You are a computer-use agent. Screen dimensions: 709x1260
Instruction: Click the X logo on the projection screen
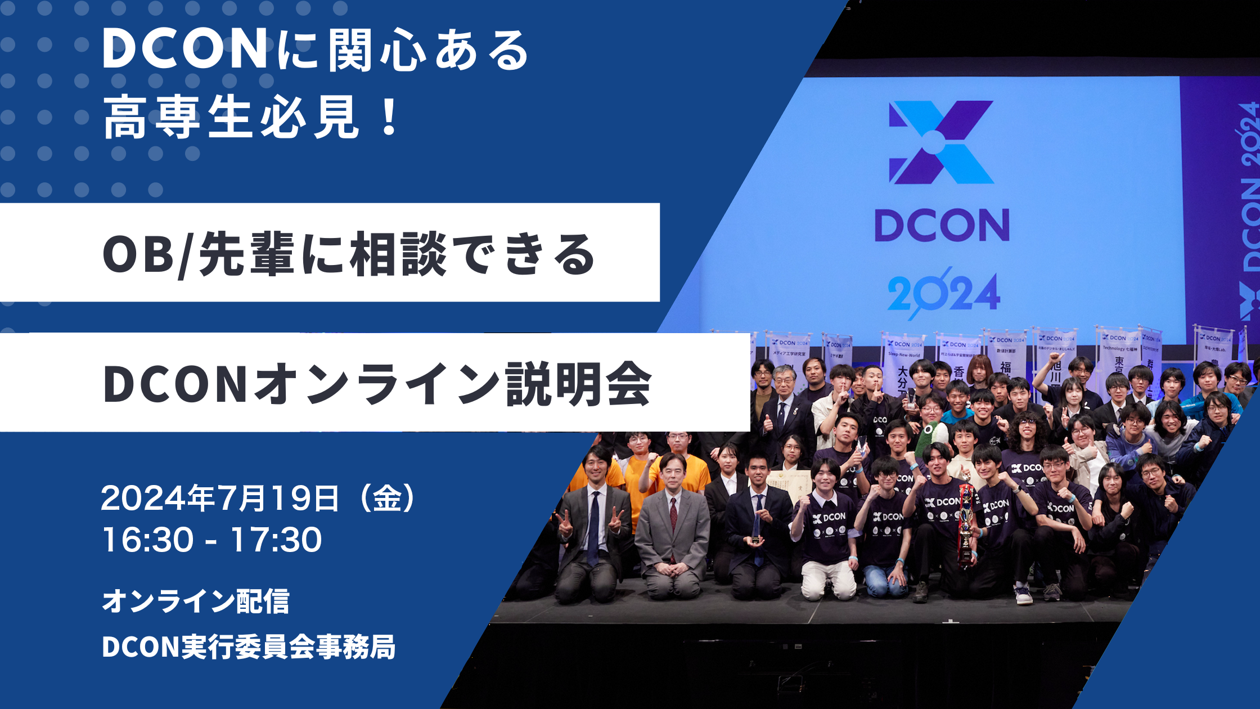click(x=941, y=142)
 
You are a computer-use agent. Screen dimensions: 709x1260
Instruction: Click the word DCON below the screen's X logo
click(x=942, y=226)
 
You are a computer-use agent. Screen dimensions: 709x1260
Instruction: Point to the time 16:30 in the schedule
click(x=147, y=540)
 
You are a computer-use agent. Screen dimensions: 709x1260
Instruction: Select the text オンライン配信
click(x=196, y=601)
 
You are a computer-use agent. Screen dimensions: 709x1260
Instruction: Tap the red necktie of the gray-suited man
click(x=673, y=515)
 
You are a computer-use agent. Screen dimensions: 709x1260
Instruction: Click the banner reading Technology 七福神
click(x=1119, y=352)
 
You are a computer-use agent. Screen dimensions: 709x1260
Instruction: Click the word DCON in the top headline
click(x=184, y=50)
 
